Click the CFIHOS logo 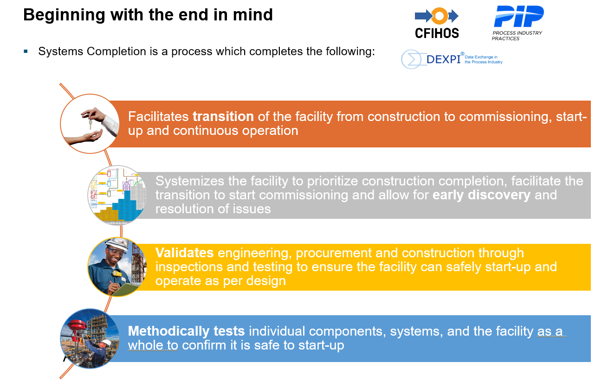pyautogui.click(x=437, y=23)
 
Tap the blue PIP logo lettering pyautogui.click(x=519, y=16)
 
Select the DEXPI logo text pyautogui.click(x=444, y=59)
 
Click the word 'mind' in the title pyautogui.click(x=252, y=14)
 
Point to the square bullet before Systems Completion pyautogui.click(x=26, y=51)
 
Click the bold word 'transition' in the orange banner pyautogui.click(x=223, y=117)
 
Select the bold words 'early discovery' pyautogui.click(x=481, y=195)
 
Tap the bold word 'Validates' pyautogui.click(x=184, y=253)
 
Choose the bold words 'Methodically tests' pyautogui.click(x=186, y=331)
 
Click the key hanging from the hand pyautogui.click(x=91, y=123)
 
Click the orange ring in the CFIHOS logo pyautogui.click(x=440, y=16)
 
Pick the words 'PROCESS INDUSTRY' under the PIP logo pyautogui.click(x=517, y=33)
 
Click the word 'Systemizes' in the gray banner pyautogui.click(x=189, y=181)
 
